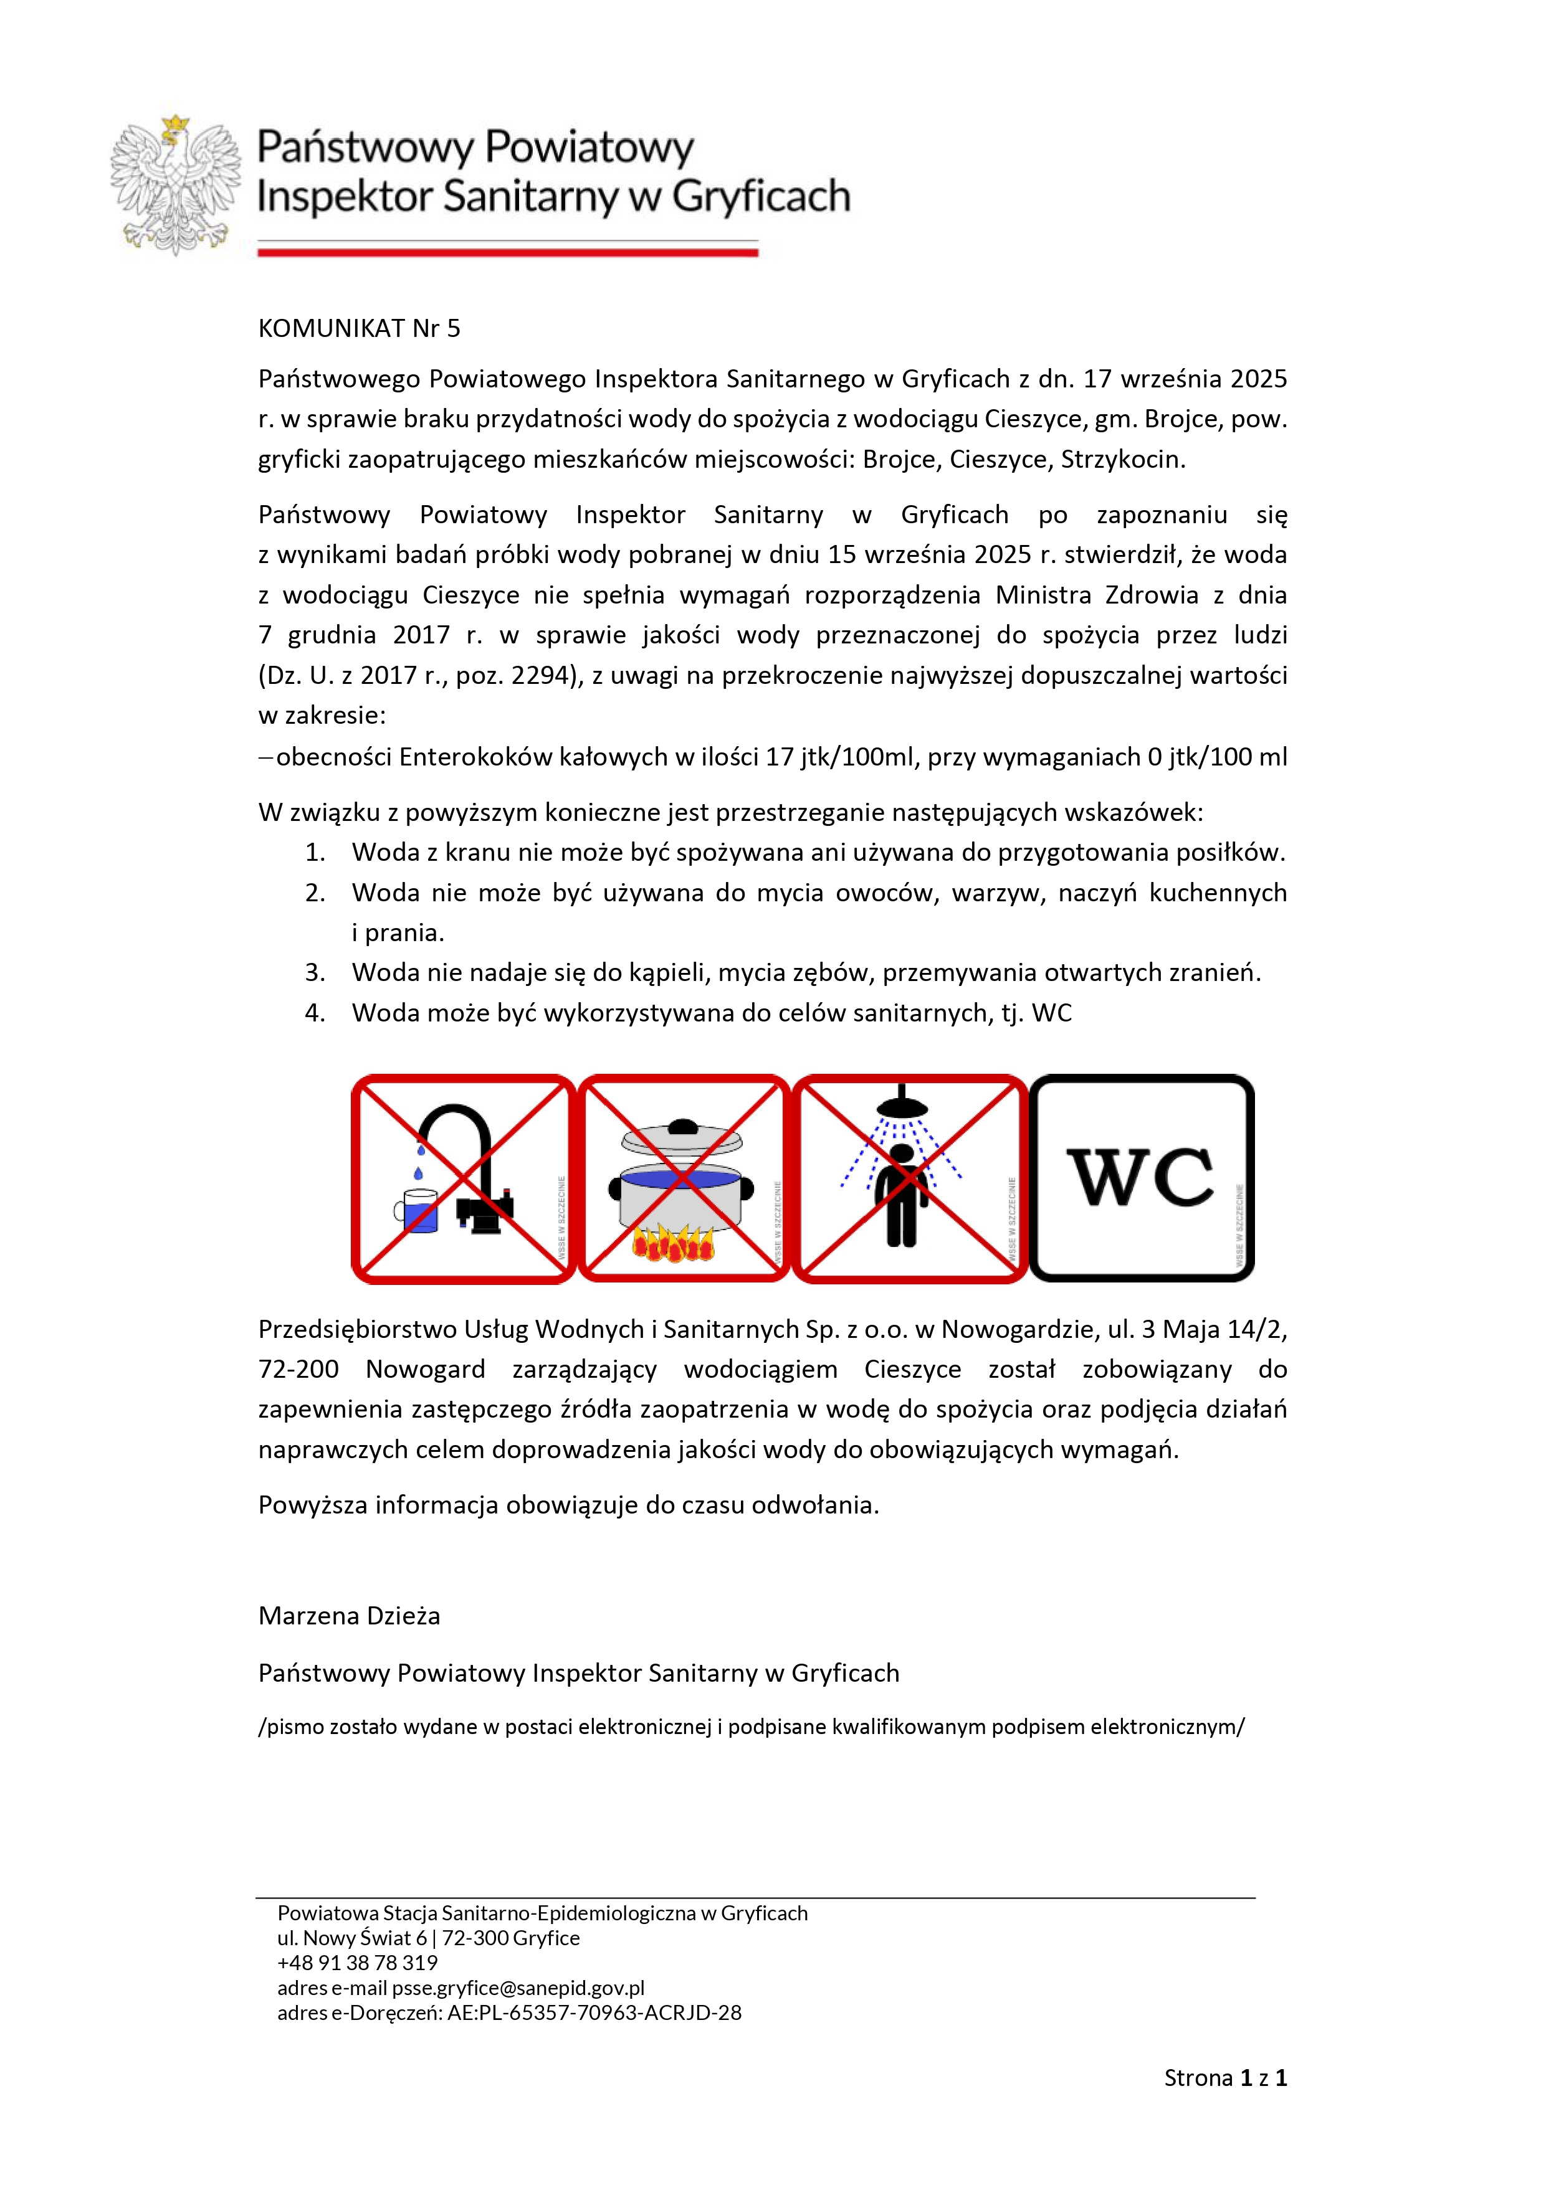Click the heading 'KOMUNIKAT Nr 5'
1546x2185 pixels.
tap(359, 328)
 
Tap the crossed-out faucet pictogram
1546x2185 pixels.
tap(464, 1179)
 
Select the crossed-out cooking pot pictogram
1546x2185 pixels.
tap(684, 1179)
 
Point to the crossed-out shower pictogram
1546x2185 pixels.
tap(909, 1179)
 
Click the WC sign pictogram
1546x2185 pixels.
tap(1142, 1178)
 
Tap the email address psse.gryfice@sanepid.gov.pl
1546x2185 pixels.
tap(518, 1988)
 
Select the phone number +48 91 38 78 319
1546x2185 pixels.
tap(357, 1962)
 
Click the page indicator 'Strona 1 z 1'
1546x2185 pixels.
tap(1225, 2077)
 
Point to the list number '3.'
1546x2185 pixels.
tap(315, 972)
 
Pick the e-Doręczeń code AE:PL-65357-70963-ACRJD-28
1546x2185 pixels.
tap(594, 2012)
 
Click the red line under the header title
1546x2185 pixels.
tap(507, 252)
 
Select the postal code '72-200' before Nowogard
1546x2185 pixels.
tap(298, 1370)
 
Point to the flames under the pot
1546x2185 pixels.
tap(674, 1243)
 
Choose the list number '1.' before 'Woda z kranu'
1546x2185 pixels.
tap(315, 853)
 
